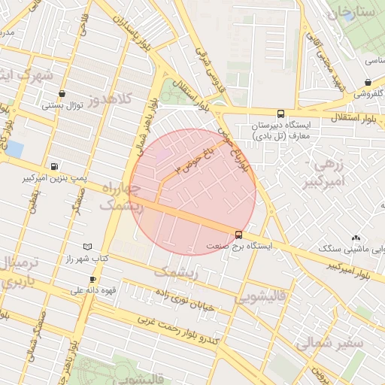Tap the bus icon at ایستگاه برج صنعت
[x=238, y=234]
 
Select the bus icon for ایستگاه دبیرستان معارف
[x=280, y=108]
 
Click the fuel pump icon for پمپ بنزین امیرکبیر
[x=54, y=167]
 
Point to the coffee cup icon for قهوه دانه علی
[x=92, y=279]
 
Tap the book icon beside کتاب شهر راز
[x=87, y=247]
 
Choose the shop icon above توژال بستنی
[x=62, y=94]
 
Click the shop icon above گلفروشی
[x=368, y=83]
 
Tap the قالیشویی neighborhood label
[x=260, y=298]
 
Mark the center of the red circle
[x=193, y=192]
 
